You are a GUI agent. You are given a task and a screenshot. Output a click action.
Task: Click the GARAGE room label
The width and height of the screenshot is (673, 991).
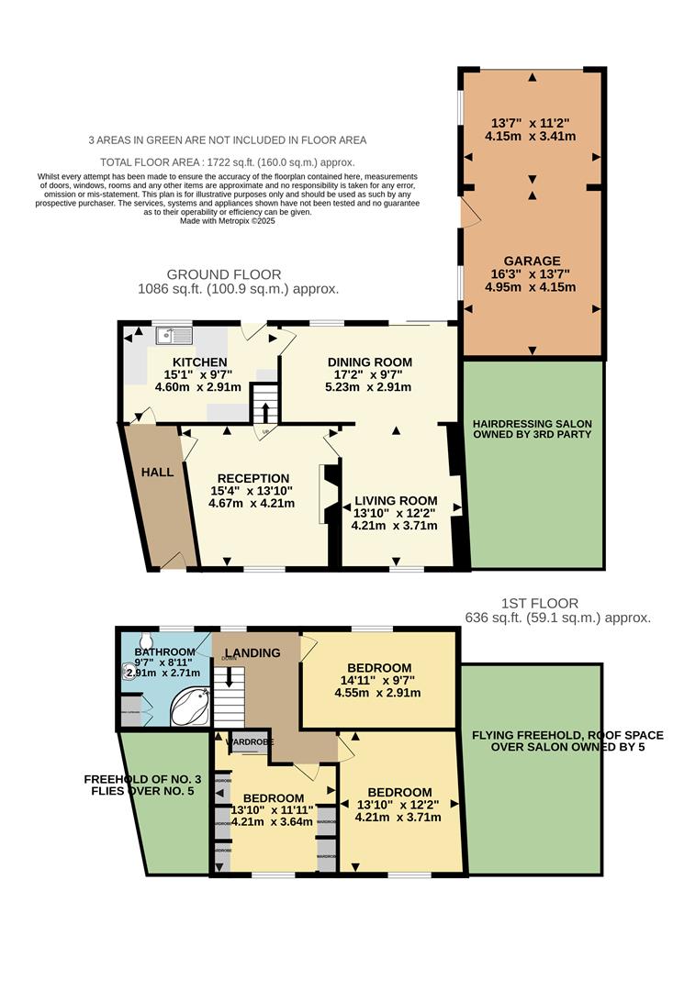532,261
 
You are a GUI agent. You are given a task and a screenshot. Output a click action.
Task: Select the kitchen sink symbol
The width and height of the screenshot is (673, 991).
173,336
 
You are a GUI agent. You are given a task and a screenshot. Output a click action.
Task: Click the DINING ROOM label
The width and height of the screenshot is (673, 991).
369,362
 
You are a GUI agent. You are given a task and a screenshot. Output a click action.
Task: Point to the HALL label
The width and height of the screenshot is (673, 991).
157,472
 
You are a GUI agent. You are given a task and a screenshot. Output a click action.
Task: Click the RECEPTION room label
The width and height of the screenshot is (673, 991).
252,478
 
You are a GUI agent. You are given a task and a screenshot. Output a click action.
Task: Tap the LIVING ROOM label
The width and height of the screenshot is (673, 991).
394,500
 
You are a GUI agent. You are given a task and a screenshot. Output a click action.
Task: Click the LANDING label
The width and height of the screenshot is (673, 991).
252,652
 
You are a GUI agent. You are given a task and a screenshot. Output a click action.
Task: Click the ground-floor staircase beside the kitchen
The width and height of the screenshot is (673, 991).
264,403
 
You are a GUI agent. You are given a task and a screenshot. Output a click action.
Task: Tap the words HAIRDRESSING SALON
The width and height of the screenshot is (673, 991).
533,423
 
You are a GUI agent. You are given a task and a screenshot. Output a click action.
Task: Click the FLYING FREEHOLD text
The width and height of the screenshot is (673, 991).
532,735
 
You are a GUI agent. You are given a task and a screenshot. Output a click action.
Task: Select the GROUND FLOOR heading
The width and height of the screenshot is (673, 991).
223,274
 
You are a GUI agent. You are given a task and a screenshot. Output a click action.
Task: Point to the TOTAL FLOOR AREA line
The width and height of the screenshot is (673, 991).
227,160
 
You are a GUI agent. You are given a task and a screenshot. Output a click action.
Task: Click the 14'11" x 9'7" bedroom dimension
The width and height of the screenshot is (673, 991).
377,680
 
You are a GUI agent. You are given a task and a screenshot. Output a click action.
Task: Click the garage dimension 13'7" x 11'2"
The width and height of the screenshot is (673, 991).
532,122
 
